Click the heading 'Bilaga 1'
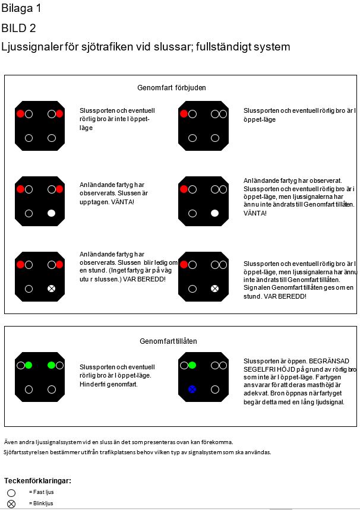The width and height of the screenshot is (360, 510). point(21,9)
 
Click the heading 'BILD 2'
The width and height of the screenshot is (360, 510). point(19,28)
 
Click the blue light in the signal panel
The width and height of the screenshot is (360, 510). point(192,389)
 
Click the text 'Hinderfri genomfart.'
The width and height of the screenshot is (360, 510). point(109,384)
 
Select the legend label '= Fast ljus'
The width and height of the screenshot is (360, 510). point(41,492)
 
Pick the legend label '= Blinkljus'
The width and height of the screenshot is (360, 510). point(41,503)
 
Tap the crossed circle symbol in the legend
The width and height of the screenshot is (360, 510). point(11,504)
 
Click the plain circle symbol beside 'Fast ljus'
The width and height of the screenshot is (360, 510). point(11,493)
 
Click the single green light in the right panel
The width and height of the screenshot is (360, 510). point(192,365)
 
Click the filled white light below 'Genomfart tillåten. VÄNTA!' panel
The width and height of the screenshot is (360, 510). point(215,213)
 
